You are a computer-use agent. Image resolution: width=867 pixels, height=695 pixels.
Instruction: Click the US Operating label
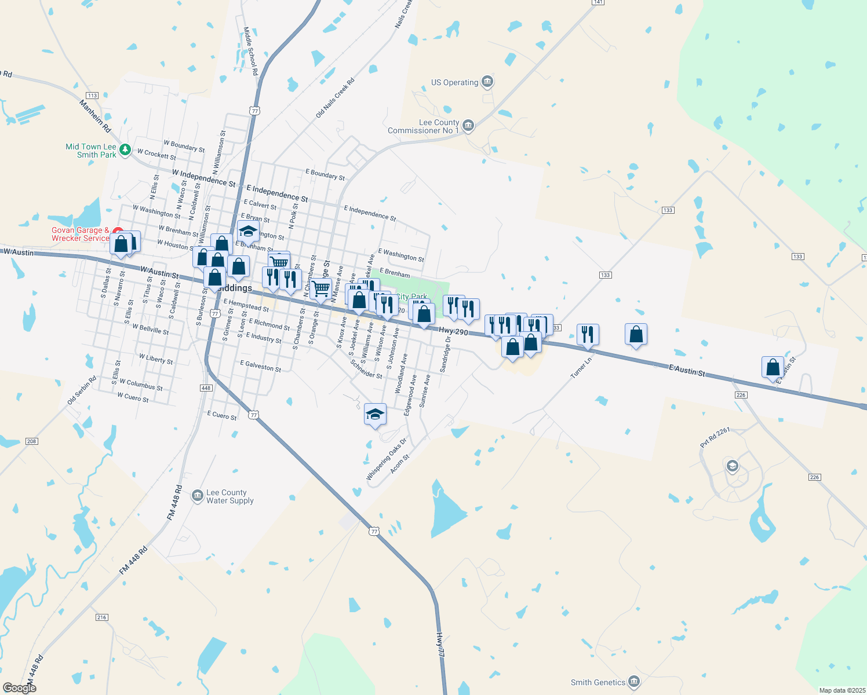click(x=454, y=82)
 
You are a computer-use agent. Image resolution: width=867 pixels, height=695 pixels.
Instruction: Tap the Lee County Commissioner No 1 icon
click(x=468, y=125)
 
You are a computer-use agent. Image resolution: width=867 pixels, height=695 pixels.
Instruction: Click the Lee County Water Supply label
click(x=230, y=496)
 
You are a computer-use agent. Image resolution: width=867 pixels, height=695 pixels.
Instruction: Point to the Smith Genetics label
click(x=598, y=682)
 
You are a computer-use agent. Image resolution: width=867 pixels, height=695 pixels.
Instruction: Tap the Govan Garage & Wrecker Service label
click(x=80, y=234)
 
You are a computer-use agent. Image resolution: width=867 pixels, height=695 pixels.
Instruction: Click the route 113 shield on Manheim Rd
click(x=92, y=96)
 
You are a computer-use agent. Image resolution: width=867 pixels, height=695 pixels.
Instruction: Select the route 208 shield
click(x=31, y=441)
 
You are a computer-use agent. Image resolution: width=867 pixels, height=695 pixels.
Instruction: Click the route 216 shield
click(x=102, y=617)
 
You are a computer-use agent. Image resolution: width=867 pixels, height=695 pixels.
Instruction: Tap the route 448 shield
click(x=206, y=388)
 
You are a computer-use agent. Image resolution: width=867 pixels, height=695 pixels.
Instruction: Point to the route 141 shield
click(x=598, y=2)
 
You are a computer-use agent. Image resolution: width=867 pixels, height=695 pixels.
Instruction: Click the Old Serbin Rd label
click(x=82, y=390)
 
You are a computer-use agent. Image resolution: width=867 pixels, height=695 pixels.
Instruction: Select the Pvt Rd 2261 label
click(x=715, y=437)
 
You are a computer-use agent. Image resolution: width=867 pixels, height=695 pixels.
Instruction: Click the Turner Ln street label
click(x=581, y=368)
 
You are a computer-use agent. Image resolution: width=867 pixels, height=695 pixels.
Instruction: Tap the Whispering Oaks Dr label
click(x=386, y=459)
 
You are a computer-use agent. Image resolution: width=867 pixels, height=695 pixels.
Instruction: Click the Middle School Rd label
click(x=250, y=52)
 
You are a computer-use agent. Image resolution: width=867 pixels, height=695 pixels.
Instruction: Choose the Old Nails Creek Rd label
click(x=334, y=99)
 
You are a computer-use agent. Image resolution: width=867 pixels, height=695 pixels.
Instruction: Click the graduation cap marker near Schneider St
click(x=375, y=414)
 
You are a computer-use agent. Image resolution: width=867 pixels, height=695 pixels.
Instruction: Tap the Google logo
click(x=19, y=688)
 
